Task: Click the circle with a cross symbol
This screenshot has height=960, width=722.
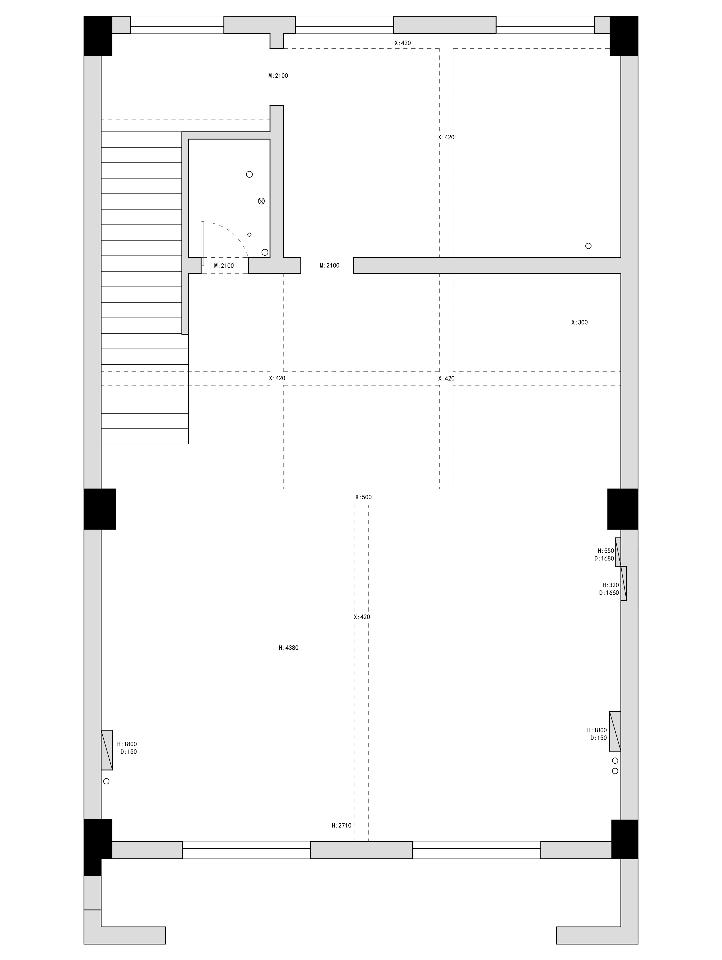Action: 261,201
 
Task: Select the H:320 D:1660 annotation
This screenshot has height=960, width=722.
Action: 609,589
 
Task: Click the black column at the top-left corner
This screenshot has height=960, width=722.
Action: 98,36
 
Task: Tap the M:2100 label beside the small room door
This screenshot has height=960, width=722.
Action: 224,266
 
